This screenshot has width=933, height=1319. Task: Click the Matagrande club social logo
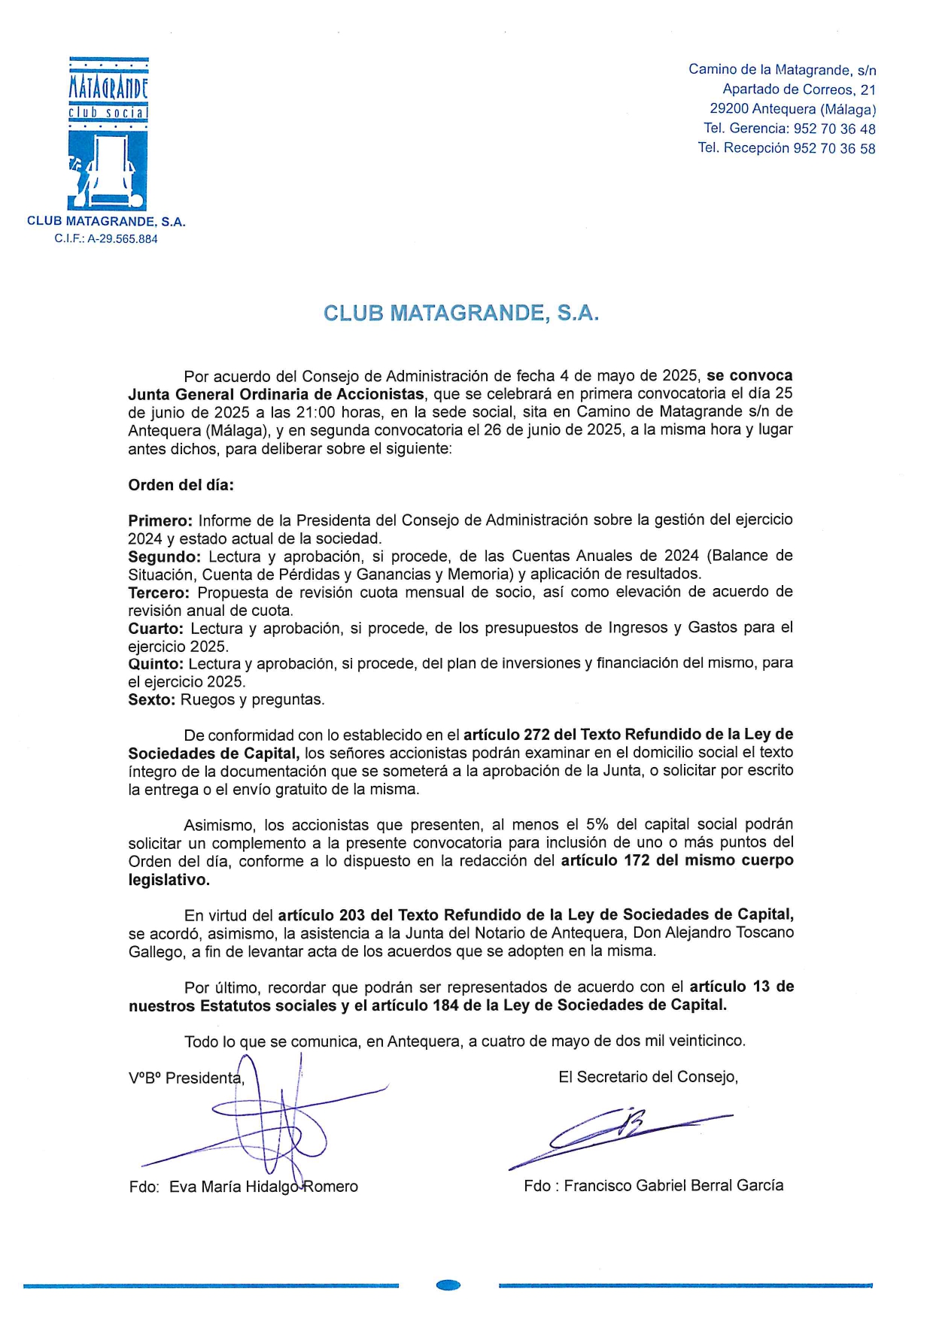108,134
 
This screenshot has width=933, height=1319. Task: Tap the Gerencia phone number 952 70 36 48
834,129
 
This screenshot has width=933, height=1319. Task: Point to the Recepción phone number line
786,148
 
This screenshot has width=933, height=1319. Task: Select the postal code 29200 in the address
728,109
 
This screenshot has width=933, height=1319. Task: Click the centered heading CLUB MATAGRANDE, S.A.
460,314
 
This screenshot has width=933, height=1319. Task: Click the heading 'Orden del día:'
181,485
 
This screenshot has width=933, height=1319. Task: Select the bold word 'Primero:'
160,520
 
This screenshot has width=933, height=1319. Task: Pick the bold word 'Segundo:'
164,556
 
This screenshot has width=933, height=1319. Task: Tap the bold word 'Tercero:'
159,593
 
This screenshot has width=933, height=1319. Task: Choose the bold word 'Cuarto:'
155,629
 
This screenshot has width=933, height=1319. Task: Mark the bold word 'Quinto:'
155,664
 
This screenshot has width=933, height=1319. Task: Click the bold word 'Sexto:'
151,700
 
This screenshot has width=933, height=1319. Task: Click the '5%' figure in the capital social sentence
597,825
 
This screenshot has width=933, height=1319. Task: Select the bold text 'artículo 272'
506,735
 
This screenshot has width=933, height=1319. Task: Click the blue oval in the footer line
448,1285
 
